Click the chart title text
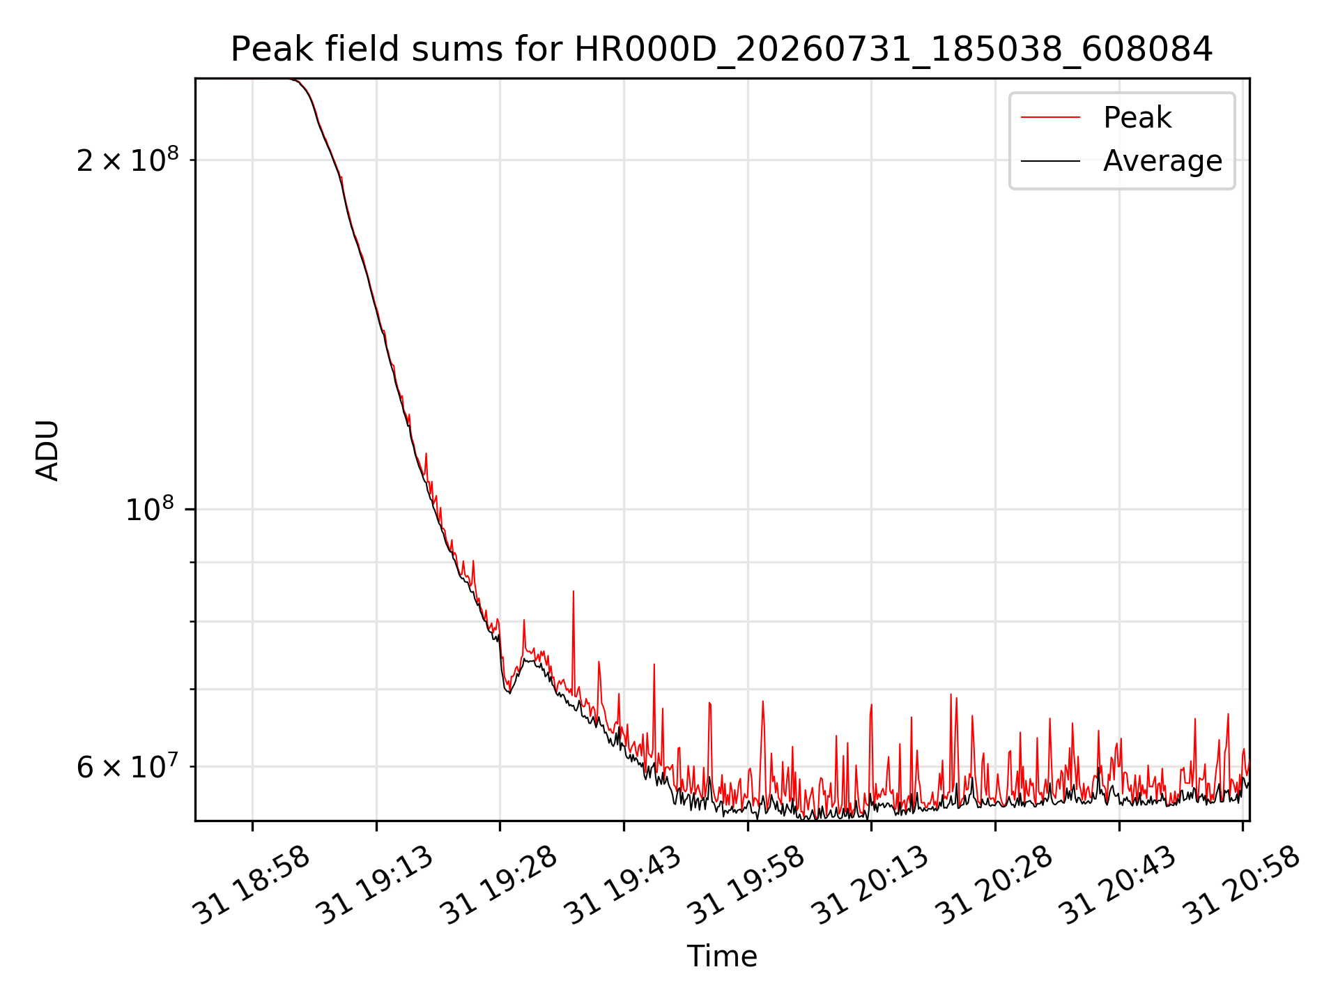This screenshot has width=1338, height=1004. tap(722, 50)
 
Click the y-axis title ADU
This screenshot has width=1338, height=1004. tap(47, 450)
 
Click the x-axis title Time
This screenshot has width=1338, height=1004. tap(722, 956)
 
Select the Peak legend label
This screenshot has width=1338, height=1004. tap(1137, 118)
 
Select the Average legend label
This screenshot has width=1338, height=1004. tap(1162, 161)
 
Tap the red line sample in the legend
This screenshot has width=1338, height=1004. tap(1051, 118)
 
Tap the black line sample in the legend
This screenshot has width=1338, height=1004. tap(1051, 161)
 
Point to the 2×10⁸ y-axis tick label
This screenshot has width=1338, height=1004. tap(128, 160)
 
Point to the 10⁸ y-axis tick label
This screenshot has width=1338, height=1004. tap(152, 509)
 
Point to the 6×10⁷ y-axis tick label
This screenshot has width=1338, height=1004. tap(128, 766)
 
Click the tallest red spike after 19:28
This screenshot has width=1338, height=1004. tap(574, 591)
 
